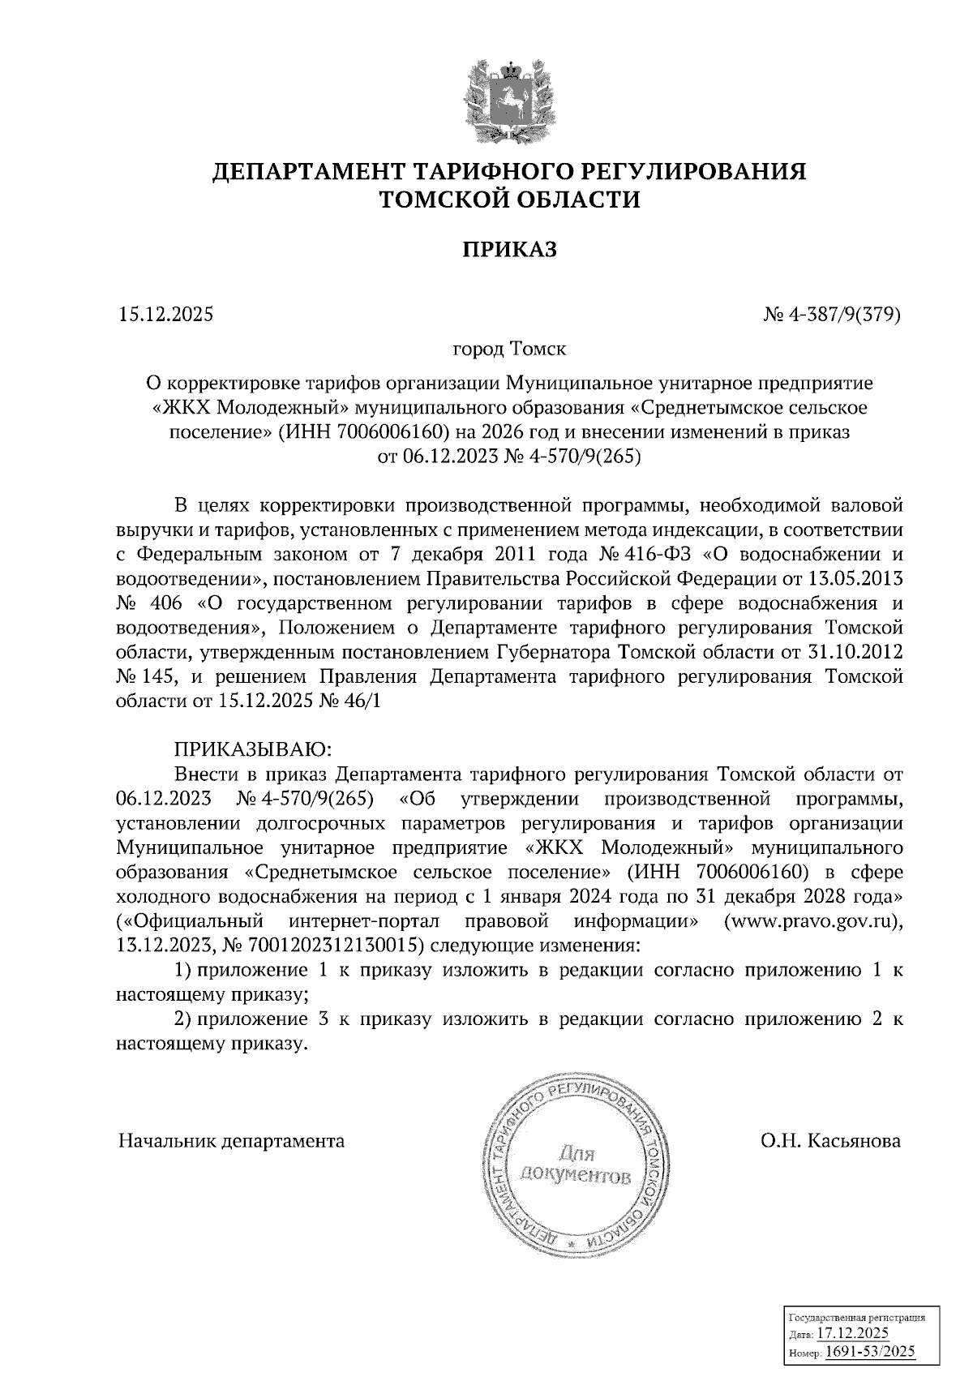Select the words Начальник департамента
(231, 1141)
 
